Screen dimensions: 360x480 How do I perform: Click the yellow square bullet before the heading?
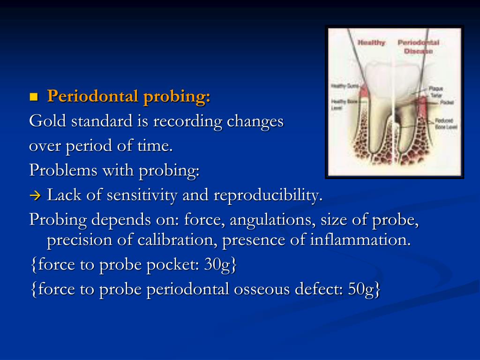point(33,97)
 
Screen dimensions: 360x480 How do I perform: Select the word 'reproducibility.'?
point(268,195)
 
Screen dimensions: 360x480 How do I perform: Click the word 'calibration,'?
point(178,240)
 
